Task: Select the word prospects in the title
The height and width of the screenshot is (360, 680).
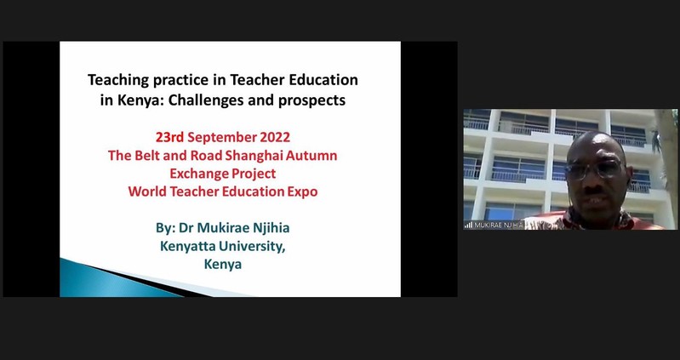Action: tap(312, 101)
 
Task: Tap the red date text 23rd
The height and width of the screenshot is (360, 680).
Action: tap(170, 137)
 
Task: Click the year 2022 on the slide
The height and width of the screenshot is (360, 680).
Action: tap(275, 137)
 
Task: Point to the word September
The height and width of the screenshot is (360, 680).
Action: tap(221, 138)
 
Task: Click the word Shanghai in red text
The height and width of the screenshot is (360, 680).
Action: tap(257, 155)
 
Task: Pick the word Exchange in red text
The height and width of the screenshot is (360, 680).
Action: tap(191, 174)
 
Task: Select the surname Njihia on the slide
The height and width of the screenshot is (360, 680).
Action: tap(271, 228)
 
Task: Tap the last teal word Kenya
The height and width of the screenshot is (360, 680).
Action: tap(223, 264)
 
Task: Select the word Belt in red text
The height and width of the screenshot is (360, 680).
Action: tap(140, 155)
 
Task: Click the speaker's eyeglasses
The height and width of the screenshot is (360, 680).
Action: tap(594, 169)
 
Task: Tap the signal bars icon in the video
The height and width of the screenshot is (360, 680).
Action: tap(468, 226)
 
